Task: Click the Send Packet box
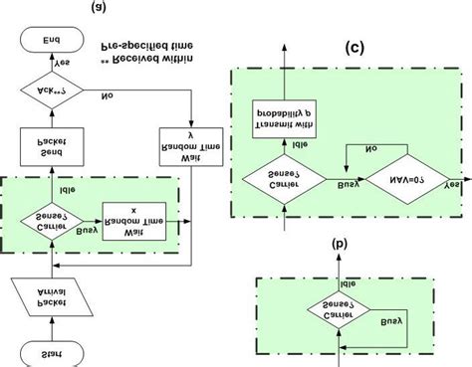(49, 148)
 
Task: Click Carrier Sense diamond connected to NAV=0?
(284, 183)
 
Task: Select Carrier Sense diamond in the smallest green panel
(342, 312)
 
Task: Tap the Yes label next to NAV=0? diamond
(453, 185)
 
